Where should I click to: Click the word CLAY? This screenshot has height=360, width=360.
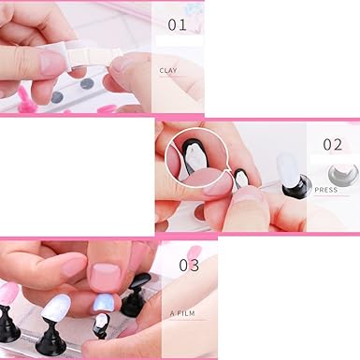tap(169, 70)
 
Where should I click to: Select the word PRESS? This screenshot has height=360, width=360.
tap(326, 190)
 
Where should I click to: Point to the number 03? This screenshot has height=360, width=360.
tap(189, 265)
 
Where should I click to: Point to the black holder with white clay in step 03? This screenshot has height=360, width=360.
tap(101, 324)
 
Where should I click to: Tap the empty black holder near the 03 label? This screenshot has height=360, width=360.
tap(141, 283)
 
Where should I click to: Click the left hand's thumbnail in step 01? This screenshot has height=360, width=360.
tap(52, 63)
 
